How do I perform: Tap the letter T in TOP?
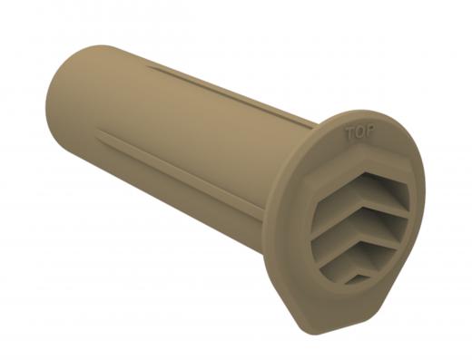pos(350,131)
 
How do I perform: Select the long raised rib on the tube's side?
pos(182,163)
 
